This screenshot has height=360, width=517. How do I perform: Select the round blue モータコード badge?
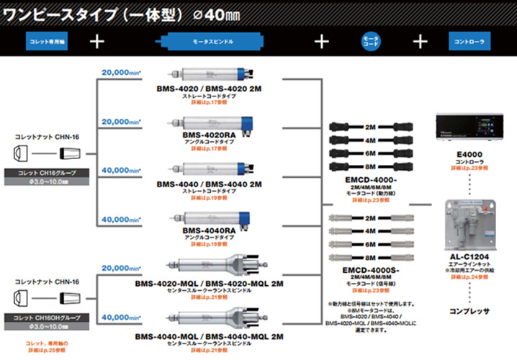(369, 40)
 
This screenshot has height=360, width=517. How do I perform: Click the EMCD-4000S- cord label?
(372, 271)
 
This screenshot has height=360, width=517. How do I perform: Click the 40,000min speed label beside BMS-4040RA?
(122, 219)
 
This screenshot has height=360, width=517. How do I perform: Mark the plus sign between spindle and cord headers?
(320, 41)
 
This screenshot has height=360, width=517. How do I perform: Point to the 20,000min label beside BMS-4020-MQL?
(122, 268)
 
